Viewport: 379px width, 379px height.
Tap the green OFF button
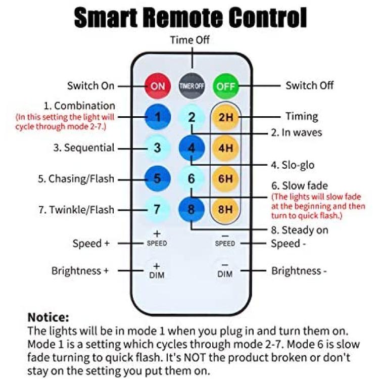tap(226, 86)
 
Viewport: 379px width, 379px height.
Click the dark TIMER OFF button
tap(192, 86)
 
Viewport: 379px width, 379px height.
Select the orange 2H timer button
tap(226, 117)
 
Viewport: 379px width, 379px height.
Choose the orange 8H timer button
tap(225, 209)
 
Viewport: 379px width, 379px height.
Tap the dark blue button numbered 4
tap(192, 148)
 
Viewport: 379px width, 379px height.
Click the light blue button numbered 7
tap(157, 209)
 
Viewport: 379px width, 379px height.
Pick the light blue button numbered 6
tap(192, 178)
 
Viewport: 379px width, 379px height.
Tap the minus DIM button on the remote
tap(225, 270)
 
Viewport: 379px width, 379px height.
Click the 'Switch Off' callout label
tap(309, 85)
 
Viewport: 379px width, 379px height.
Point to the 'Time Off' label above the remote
tap(189, 40)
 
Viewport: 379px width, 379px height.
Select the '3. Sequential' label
tap(84, 148)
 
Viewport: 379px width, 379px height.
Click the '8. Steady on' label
tap(300, 230)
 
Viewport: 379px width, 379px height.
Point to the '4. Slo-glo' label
tap(293, 165)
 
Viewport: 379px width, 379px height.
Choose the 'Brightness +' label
tap(80, 271)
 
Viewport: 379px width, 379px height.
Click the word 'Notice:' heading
tap(49, 317)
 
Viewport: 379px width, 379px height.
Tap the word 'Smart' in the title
tap(106, 18)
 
